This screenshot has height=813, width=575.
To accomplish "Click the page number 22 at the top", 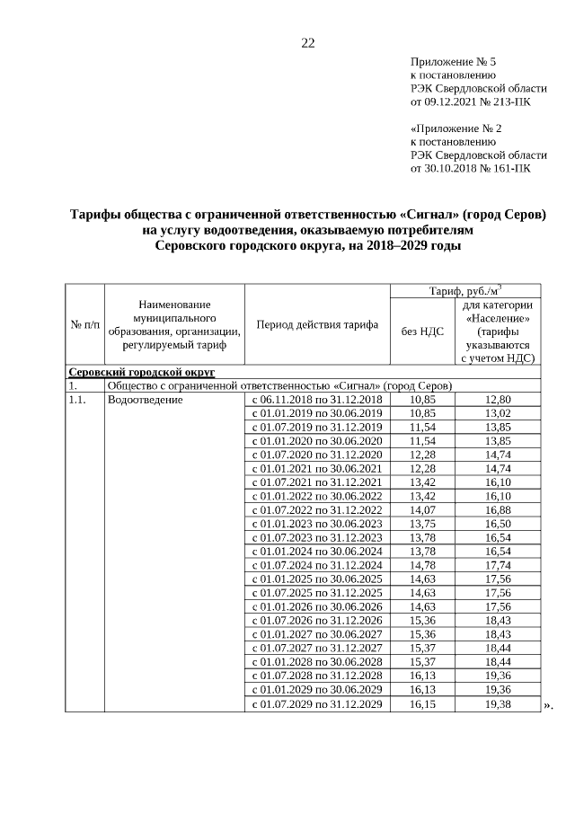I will coord(307,43).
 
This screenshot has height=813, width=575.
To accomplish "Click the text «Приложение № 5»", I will coord(453,62).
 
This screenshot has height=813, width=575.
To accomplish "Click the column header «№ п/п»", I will coord(84,324).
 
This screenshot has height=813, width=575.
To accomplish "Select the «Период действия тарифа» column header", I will coord(317,324).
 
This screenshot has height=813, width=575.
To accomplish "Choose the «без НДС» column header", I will coord(421,331).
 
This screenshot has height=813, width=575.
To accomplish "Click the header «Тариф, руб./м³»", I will coord(464,290).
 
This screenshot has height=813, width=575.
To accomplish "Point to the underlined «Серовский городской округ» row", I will coord(141,372).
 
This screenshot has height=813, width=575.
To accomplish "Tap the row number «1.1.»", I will coord(78,399).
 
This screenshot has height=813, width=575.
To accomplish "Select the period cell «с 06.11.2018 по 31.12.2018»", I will coord(316,399).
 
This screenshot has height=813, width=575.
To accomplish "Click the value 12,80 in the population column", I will coord(497,399).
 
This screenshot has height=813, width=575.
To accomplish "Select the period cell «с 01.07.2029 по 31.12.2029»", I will coord(316,705).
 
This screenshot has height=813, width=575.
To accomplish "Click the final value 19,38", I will coord(497,705).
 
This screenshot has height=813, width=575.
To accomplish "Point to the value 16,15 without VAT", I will coord(421,705).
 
